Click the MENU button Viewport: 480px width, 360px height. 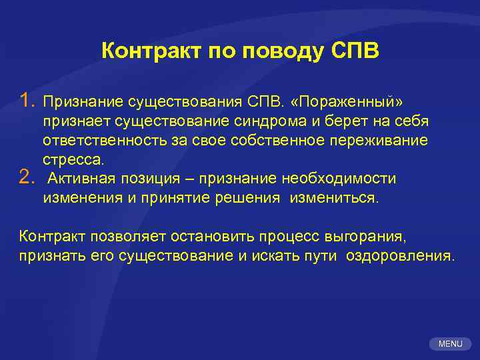(450, 343)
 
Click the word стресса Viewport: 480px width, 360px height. (73, 160)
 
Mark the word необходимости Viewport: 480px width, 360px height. (339, 179)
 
